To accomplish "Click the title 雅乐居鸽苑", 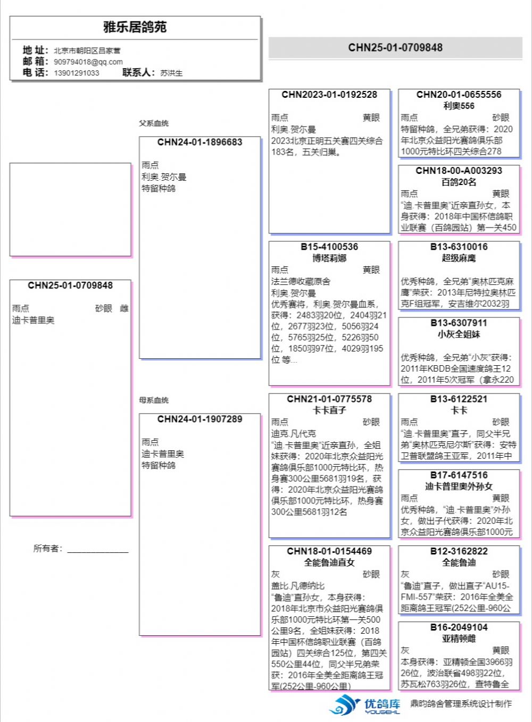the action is click(x=135, y=27).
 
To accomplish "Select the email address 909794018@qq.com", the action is click(x=88, y=62).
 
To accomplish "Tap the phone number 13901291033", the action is click(x=77, y=73).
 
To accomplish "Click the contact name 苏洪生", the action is click(x=171, y=73).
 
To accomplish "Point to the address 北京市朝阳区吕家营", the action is click(x=87, y=51).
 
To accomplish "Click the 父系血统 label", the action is click(x=154, y=123).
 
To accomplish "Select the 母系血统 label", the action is click(x=154, y=400).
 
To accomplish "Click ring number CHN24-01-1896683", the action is click(x=199, y=142).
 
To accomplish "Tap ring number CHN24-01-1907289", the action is click(x=199, y=419).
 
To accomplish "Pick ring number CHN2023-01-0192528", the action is click(x=329, y=95).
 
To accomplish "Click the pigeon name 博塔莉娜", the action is click(x=329, y=258).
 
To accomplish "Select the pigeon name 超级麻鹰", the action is click(x=459, y=258).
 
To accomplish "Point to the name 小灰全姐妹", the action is click(x=459, y=334).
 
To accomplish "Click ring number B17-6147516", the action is click(x=459, y=475).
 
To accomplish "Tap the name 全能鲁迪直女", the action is click(x=329, y=563).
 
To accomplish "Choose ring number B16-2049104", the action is click(x=459, y=627).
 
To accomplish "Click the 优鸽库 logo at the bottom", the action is click(x=364, y=704).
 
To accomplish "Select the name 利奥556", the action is click(x=459, y=106).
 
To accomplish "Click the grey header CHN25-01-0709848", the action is click(x=395, y=48).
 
